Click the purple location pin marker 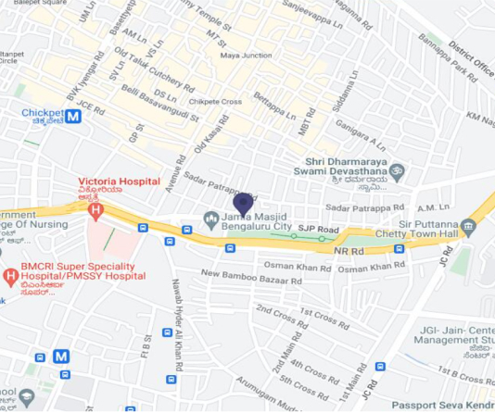pyautogui.click(x=243, y=203)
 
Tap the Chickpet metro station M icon pyautogui.click(x=73, y=117)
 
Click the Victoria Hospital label pyautogui.click(x=119, y=181)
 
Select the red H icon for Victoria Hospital pyautogui.click(x=94, y=211)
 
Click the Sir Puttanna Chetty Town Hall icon pyautogui.click(x=468, y=226)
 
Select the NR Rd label pyautogui.click(x=349, y=251)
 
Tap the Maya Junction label pyautogui.click(x=246, y=56)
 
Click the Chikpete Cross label pyautogui.click(x=215, y=101)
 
